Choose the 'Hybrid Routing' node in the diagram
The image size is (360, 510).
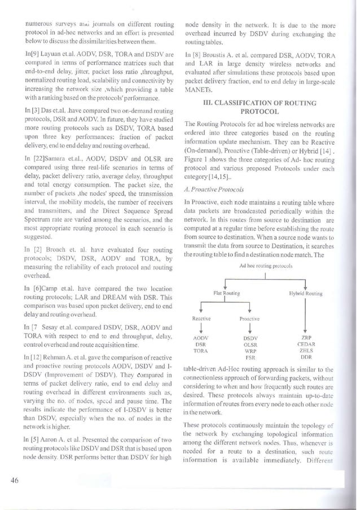(305, 294)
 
